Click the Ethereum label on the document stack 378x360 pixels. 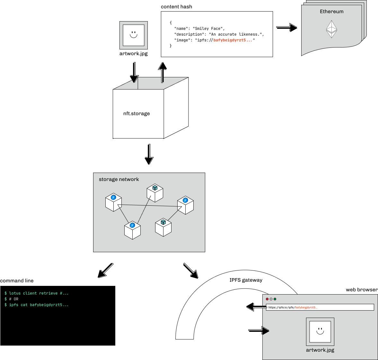pyautogui.click(x=331, y=12)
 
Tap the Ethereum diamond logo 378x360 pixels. pyautogui.click(x=331, y=30)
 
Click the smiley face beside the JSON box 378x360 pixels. pyautogui.click(x=134, y=35)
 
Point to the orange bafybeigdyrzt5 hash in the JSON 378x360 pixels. pyautogui.click(x=233, y=40)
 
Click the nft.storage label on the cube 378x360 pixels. pyautogui.click(x=136, y=114)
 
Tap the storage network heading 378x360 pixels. pyautogui.click(x=119, y=179)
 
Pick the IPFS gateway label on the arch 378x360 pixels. pyautogui.click(x=246, y=280)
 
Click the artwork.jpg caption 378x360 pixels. pyautogui.click(x=320, y=350)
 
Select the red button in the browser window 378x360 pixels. pyautogui.click(x=267, y=299)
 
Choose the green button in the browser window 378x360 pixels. pyautogui.click(x=275, y=299)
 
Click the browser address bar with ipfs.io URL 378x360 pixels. pyautogui.click(x=320, y=307)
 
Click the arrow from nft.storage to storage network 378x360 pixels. pyautogui.click(x=150, y=154)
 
